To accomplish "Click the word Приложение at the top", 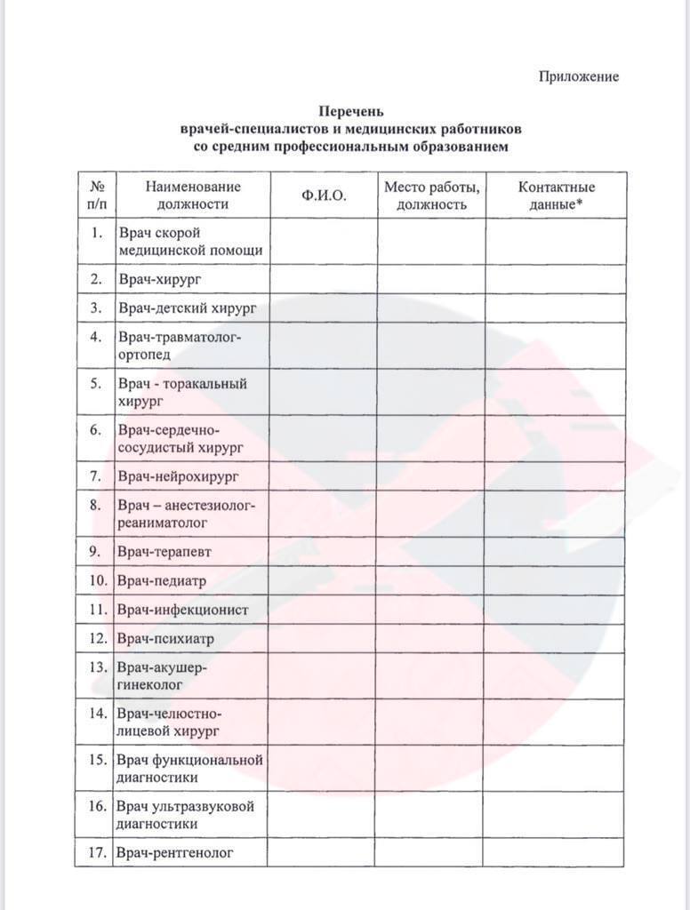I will [x=578, y=76].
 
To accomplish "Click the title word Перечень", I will [x=350, y=112].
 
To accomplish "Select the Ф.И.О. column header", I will [x=324, y=196].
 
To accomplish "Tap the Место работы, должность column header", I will [x=431, y=196].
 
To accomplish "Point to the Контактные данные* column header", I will [x=557, y=196].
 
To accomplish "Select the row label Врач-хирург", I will [x=158, y=279].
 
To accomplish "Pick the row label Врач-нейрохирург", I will [x=179, y=476].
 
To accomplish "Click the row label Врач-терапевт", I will [x=164, y=552].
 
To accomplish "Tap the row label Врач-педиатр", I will [x=162, y=581].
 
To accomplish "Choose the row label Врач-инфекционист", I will [x=182, y=611].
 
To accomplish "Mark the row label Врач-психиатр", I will [x=165, y=639].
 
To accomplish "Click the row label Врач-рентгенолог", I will [x=175, y=853].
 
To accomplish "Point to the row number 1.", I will [x=96, y=233].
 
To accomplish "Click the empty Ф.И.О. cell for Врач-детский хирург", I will [x=324, y=308].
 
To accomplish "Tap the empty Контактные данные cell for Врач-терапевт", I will [x=557, y=552].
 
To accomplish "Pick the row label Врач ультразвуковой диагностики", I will [x=185, y=815].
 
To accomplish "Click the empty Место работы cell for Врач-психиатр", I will [x=431, y=639].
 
